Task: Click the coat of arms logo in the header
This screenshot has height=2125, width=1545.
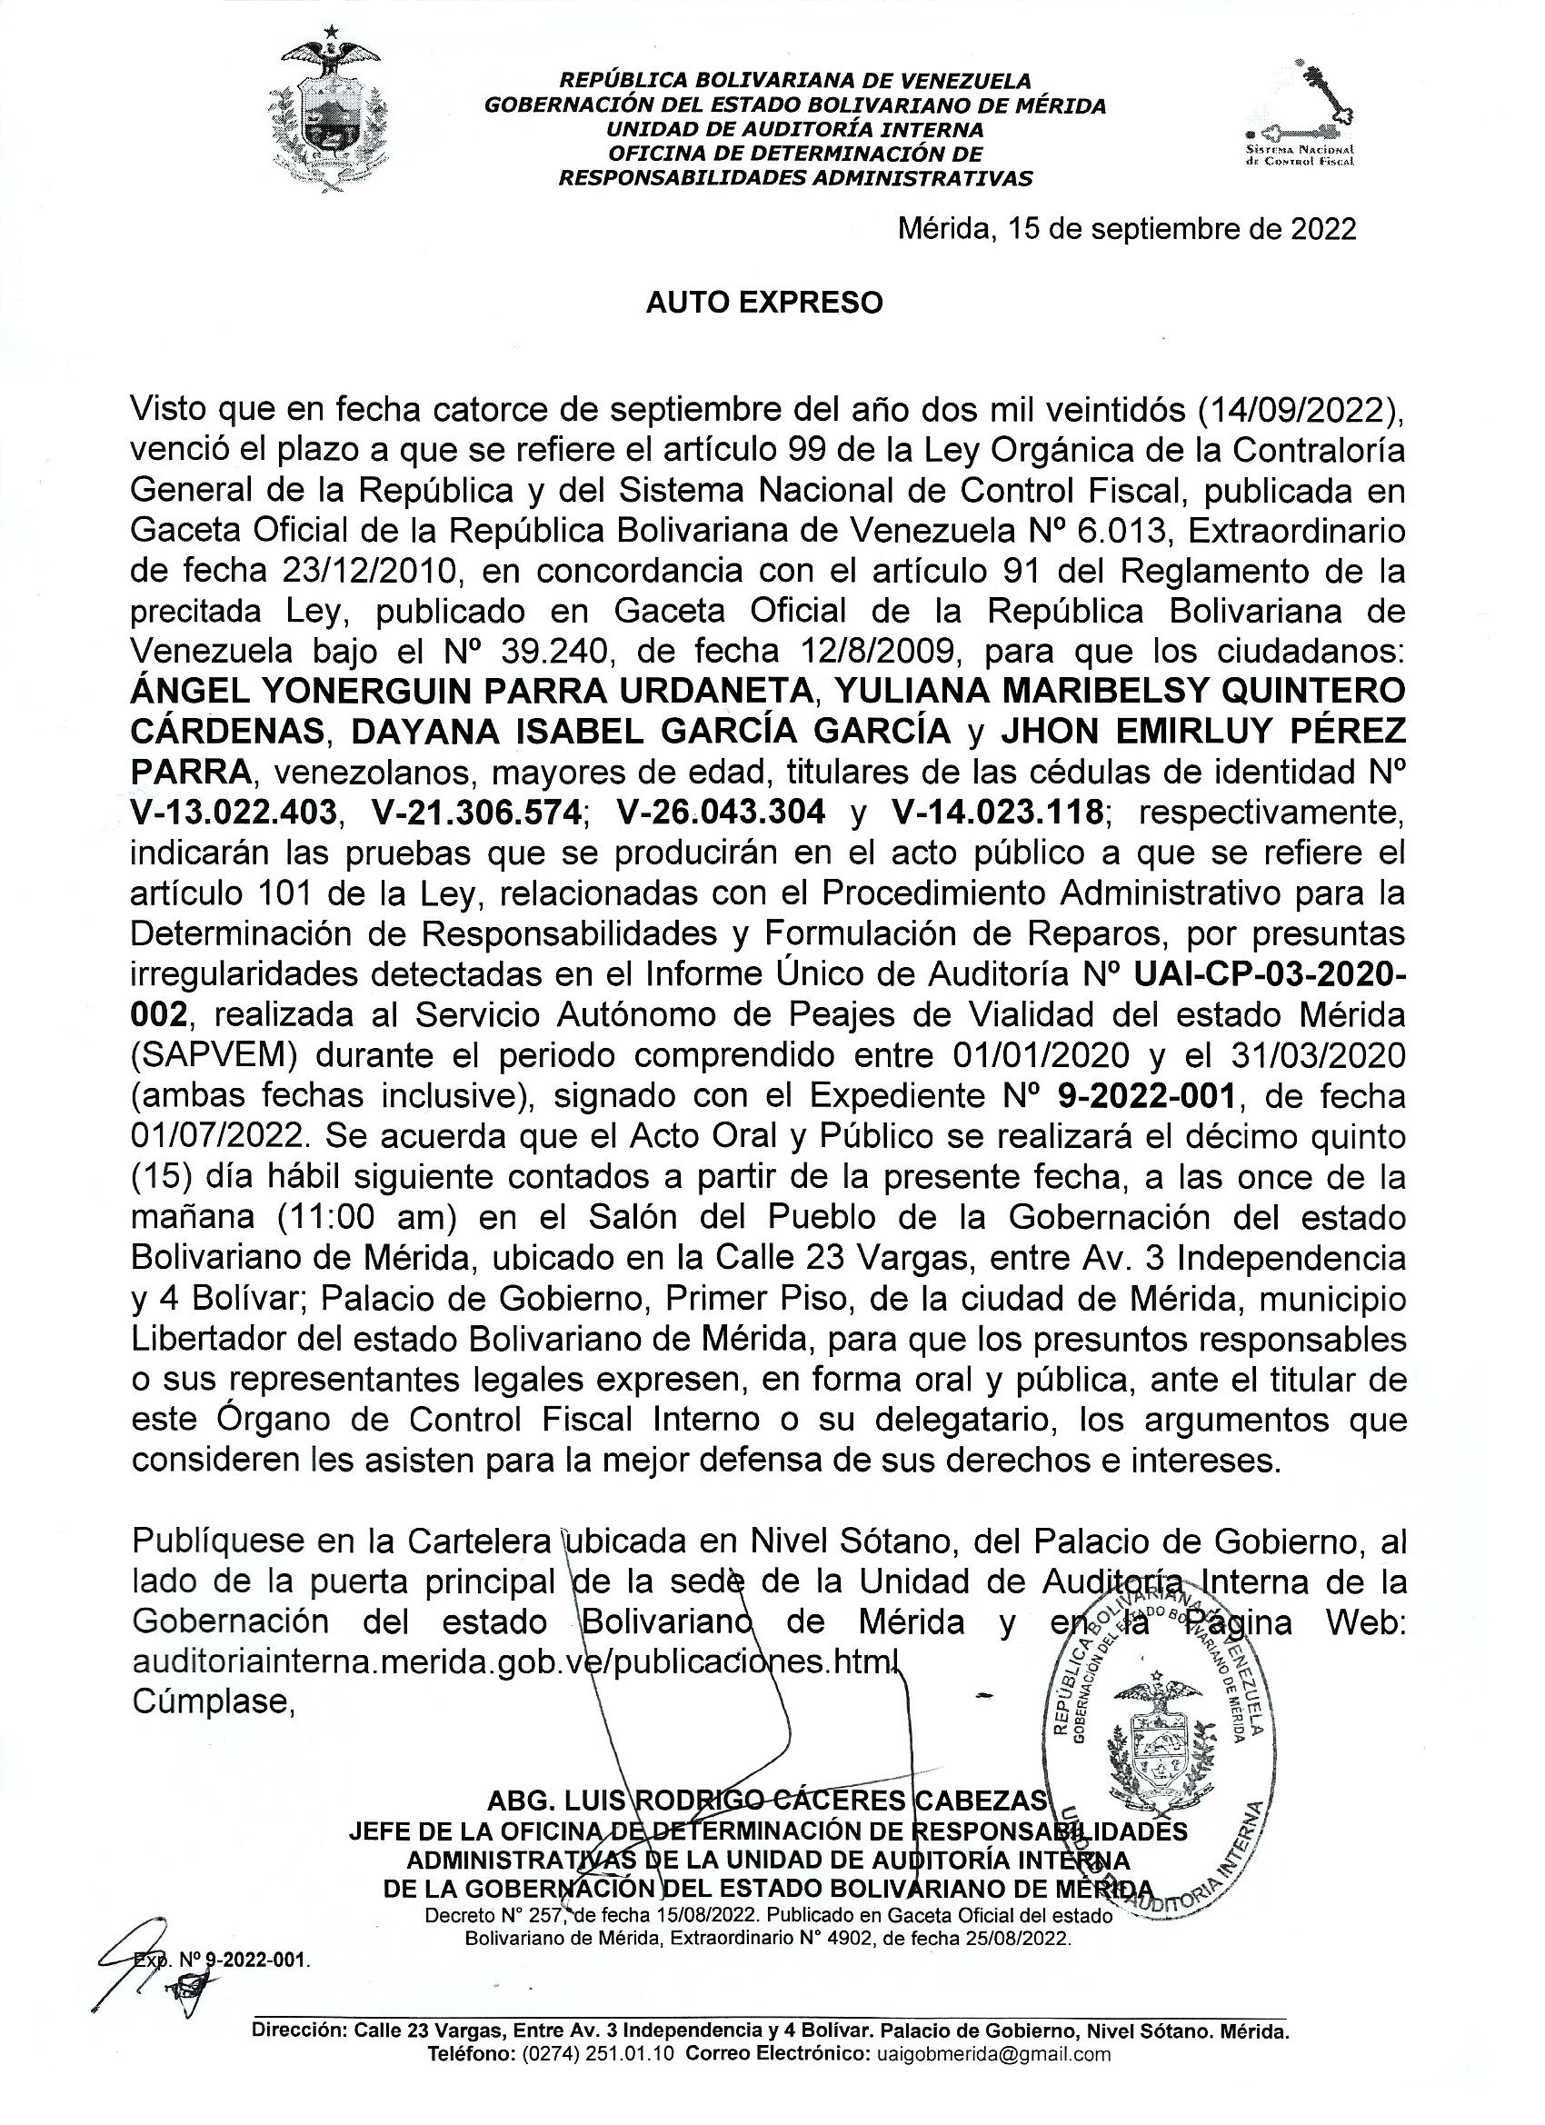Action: [328, 111]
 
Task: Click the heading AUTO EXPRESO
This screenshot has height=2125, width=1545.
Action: [764, 303]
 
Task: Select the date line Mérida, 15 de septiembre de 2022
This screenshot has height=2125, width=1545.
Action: [1126, 230]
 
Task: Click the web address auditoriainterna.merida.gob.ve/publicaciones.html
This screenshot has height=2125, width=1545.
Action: [514, 1661]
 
